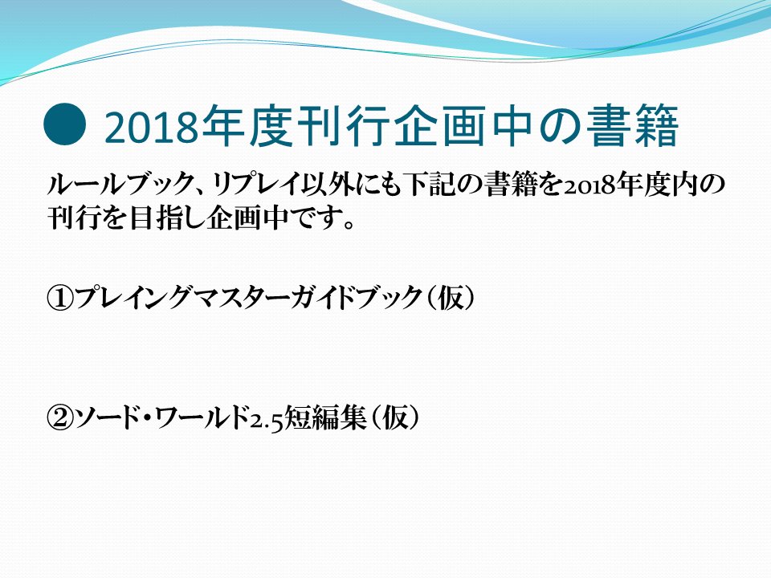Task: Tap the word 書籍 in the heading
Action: [x=632, y=126]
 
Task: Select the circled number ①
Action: [x=60, y=298]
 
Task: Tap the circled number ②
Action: [x=60, y=417]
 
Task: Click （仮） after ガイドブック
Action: [x=451, y=298]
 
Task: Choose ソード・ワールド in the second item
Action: [x=161, y=417]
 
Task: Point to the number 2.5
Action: [x=267, y=420]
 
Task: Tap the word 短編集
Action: [x=325, y=417]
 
